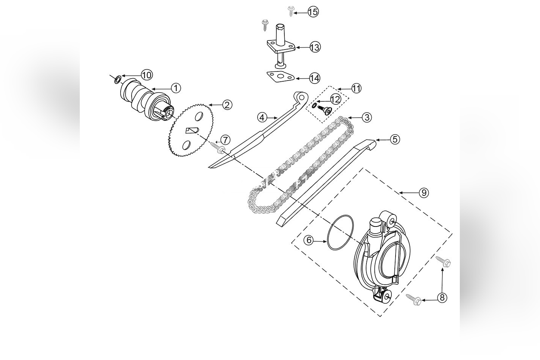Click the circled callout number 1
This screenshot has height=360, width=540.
pyautogui.click(x=176, y=88)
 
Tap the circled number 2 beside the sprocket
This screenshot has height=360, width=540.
pyautogui.click(x=227, y=105)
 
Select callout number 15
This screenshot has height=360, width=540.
pyautogui.click(x=313, y=12)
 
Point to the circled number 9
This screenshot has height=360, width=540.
pyautogui.click(x=424, y=192)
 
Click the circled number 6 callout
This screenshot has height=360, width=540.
pyautogui.click(x=309, y=240)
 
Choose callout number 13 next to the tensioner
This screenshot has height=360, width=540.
pyautogui.click(x=315, y=47)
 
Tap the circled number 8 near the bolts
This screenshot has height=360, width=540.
pyautogui.click(x=442, y=298)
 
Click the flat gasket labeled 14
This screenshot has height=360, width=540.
pyautogui.click(x=280, y=77)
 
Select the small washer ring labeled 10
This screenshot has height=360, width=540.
pyautogui.click(x=118, y=79)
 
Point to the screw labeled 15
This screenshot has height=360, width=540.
pyautogui.click(x=290, y=11)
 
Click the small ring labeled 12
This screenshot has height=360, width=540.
pyautogui.click(x=314, y=106)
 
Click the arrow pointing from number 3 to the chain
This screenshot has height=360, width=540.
pyautogui.click(x=355, y=118)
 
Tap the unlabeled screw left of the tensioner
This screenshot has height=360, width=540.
pyautogui.click(x=265, y=25)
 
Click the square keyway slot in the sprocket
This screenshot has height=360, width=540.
pyautogui.click(x=192, y=130)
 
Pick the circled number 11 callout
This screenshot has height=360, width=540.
pyautogui.click(x=356, y=88)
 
